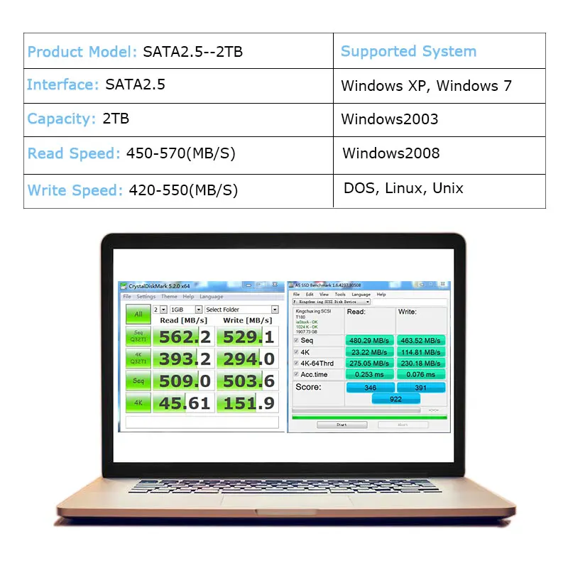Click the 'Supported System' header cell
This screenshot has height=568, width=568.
pos(408,51)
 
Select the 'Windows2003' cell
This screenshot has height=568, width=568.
pos(389,119)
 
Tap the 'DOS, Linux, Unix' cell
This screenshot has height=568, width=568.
pos(403,188)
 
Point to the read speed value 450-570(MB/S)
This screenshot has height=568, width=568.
pos(180,153)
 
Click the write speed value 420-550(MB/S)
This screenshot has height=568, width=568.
pos(183,190)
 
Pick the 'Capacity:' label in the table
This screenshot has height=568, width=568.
pos(61,119)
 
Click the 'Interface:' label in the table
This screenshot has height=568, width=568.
pos(62,84)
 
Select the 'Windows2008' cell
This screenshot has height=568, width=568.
pos(390,153)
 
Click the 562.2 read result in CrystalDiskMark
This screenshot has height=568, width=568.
pos(184,337)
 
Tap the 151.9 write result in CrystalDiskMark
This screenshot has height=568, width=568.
pos(248,403)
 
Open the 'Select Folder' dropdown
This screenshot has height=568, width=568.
pos(241,310)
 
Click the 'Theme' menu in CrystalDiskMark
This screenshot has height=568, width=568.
pos(169,297)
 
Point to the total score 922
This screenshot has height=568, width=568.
pos(395,399)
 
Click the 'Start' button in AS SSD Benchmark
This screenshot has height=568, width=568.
pos(342,425)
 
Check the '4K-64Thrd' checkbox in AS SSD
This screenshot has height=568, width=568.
pos(296,363)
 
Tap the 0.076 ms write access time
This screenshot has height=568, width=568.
pos(420,374)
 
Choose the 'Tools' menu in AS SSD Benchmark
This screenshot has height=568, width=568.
pos(340,294)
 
